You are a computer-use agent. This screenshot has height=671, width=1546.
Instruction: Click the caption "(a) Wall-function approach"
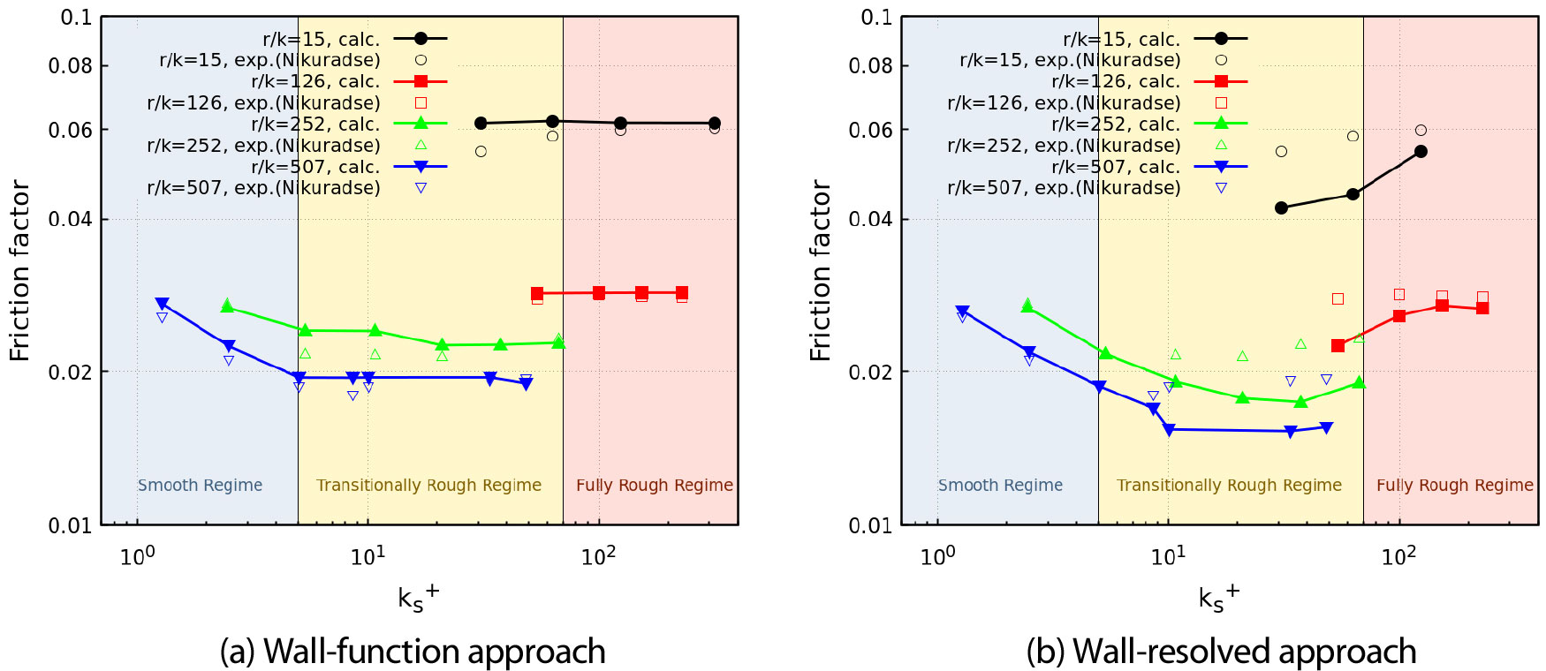413,652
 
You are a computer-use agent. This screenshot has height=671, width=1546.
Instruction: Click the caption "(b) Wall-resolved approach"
1221,652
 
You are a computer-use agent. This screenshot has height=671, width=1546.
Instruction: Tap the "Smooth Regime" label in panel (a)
200,485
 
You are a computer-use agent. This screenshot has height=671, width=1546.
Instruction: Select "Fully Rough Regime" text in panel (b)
1454,485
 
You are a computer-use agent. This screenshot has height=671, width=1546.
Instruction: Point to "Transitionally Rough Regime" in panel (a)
428,485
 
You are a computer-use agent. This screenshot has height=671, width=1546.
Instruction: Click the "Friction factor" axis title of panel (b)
821,270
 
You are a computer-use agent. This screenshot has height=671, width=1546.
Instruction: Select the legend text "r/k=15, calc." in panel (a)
321,39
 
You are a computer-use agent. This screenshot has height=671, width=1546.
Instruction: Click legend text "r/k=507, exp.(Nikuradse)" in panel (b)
1064,187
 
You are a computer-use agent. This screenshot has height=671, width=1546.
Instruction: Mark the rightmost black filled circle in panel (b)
1421,152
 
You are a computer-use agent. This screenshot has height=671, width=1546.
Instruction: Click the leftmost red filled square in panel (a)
537,293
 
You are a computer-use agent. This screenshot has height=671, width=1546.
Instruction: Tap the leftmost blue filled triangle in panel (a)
162,304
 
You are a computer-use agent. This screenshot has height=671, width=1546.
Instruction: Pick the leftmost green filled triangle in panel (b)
1027,305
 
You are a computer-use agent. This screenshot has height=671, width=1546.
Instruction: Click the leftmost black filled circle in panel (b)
1281,208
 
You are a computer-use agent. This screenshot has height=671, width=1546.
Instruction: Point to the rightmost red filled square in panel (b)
1482,308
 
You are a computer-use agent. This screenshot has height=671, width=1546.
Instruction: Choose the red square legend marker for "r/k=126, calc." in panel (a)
421,81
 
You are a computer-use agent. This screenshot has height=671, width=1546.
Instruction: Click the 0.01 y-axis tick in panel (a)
71,525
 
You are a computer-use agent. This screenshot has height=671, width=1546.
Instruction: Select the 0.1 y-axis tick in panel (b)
876,18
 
